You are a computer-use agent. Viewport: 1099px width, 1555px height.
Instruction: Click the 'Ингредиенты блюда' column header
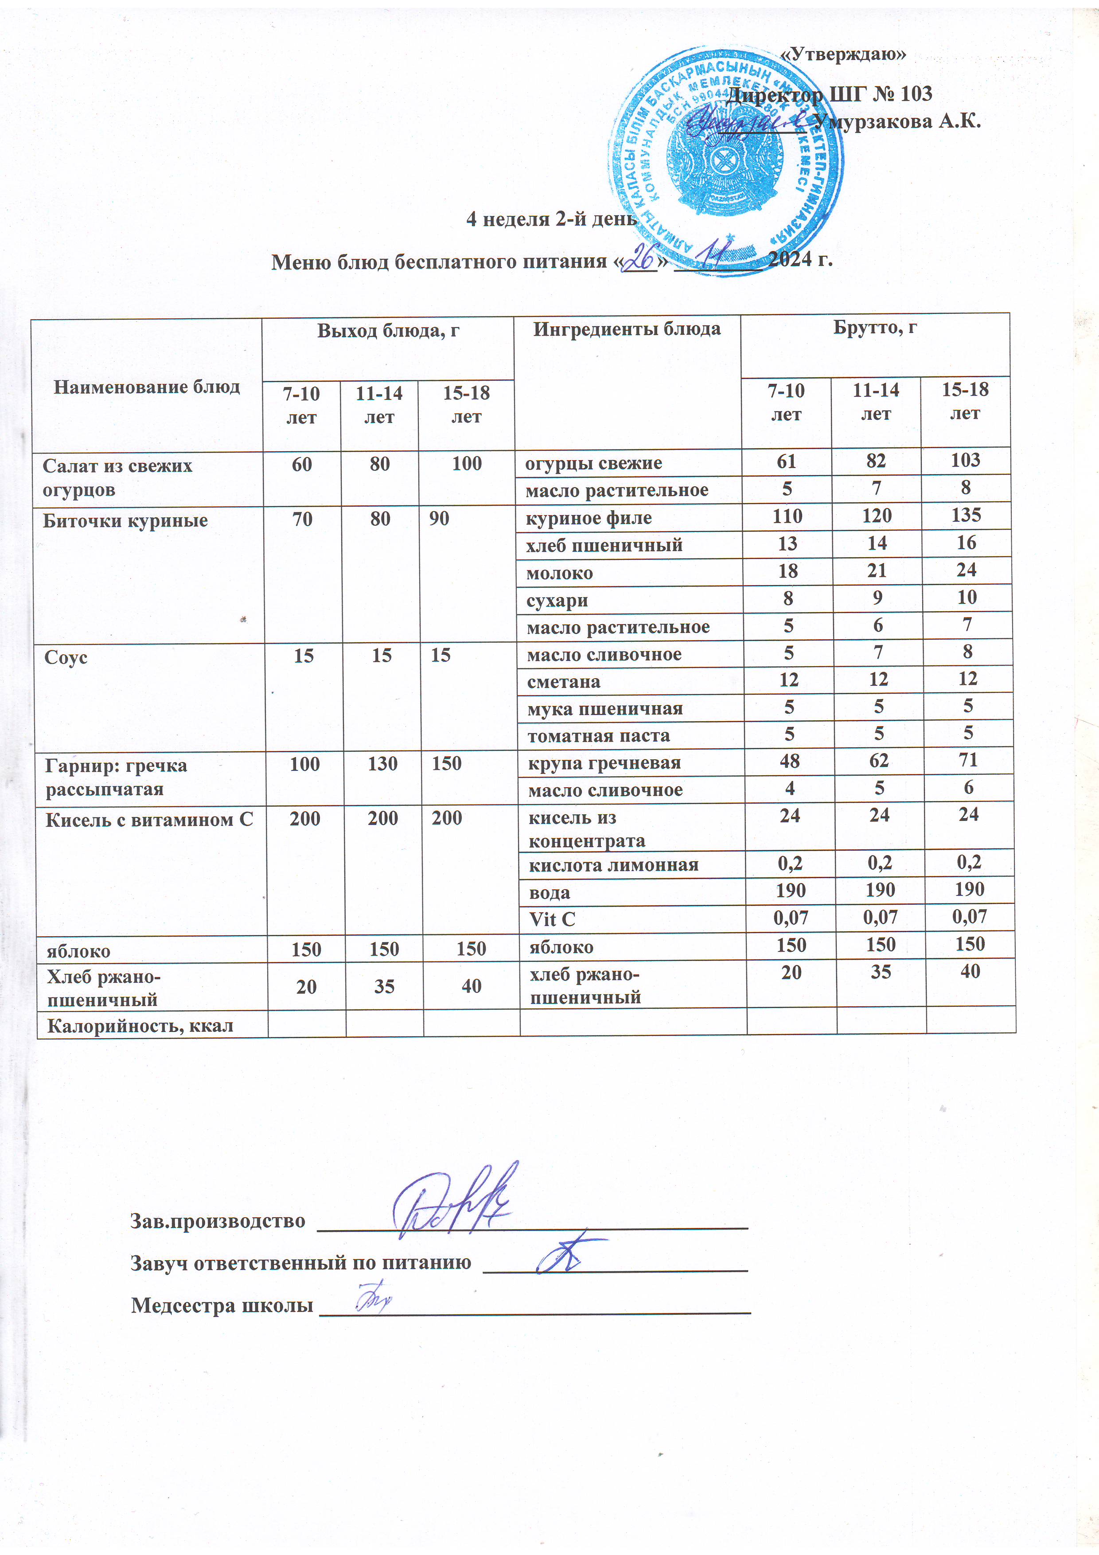tap(626, 330)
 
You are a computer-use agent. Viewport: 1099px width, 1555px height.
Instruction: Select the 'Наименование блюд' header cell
tap(147, 387)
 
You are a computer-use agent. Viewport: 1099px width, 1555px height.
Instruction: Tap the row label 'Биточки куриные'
tap(125, 521)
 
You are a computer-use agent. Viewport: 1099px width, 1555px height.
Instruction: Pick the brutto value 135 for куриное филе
tap(966, 516)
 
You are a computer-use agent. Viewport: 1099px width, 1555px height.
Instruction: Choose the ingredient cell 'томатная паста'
tap(599, 735)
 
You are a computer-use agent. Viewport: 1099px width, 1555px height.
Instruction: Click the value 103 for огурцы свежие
tap(965, 461)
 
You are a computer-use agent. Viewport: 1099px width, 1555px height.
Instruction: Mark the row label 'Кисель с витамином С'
tap(149, 820)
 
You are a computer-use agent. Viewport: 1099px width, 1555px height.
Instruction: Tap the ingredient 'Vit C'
tap(552, 919)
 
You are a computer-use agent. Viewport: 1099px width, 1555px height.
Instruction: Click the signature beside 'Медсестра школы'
tap(371, 1298)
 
